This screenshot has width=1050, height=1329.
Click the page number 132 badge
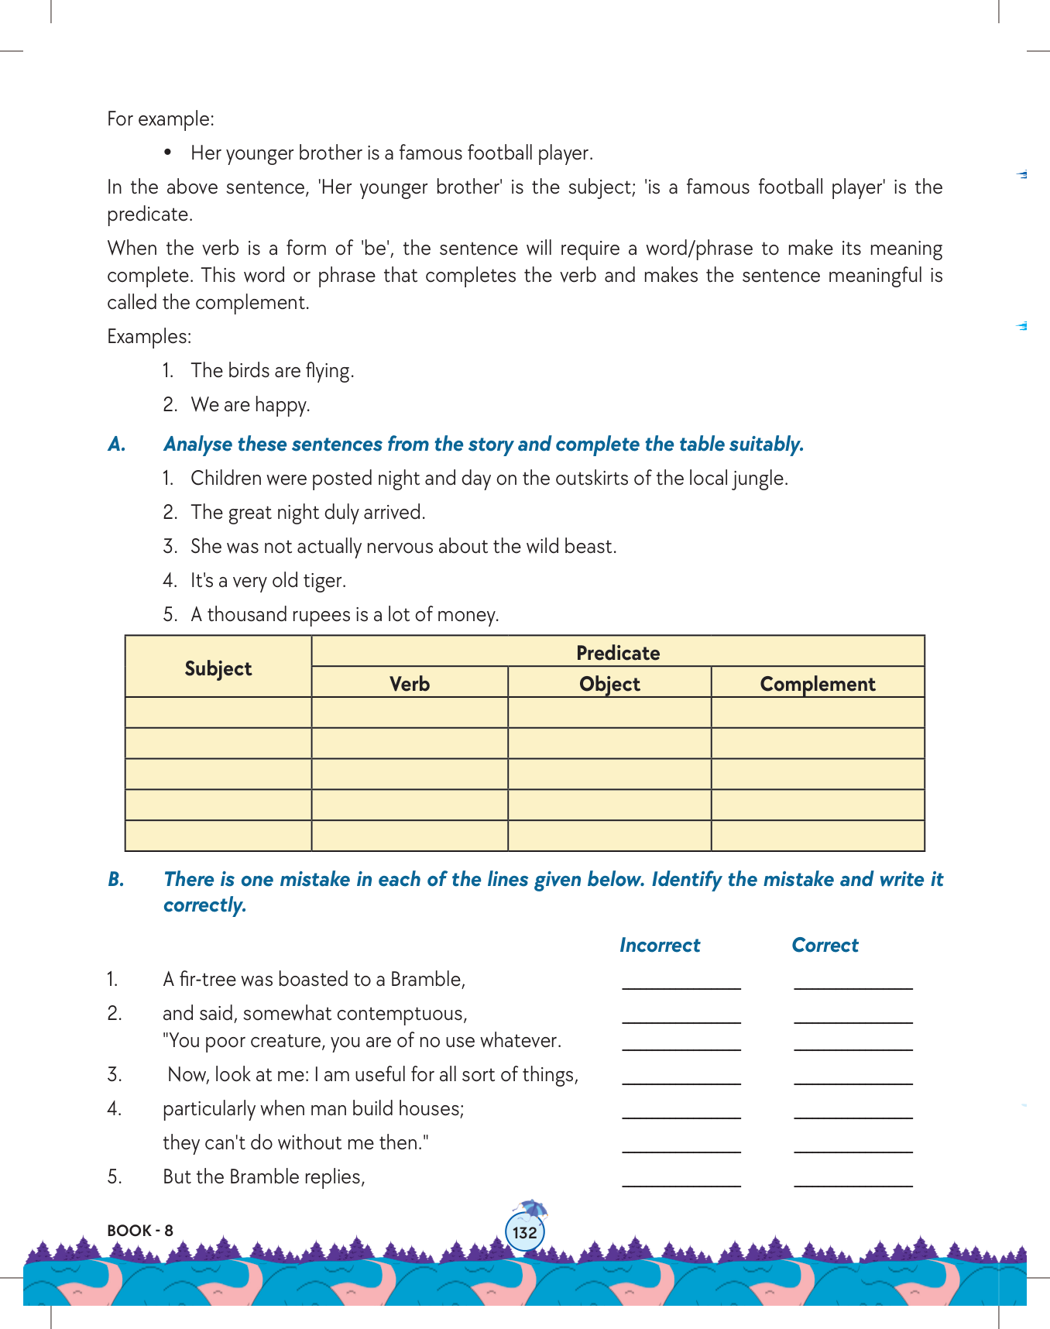coord(524,1232)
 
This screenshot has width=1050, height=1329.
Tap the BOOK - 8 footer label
coord(140,1231)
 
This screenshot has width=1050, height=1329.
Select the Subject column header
coord(218,668)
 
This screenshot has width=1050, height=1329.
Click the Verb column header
coord(410,684)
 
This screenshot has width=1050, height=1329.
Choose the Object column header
coord(609,684)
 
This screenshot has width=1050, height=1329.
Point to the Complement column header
coord(818,684)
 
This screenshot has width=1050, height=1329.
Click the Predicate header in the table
coord(618,653)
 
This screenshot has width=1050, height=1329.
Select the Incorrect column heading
coord(660,945)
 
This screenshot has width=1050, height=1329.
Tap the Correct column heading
coord(825,945)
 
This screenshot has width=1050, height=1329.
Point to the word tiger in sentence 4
coord(324,581)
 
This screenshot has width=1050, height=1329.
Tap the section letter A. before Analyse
coord(117,445)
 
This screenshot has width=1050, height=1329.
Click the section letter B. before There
coord(116,880)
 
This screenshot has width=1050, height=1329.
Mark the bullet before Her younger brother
coord(167,153)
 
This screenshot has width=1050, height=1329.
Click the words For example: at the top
coord(161,119)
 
